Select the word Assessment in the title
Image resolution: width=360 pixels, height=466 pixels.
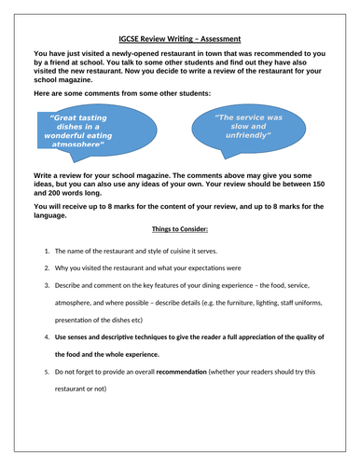(x=217, y=39)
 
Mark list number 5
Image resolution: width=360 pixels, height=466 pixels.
(x=46, y=371)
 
